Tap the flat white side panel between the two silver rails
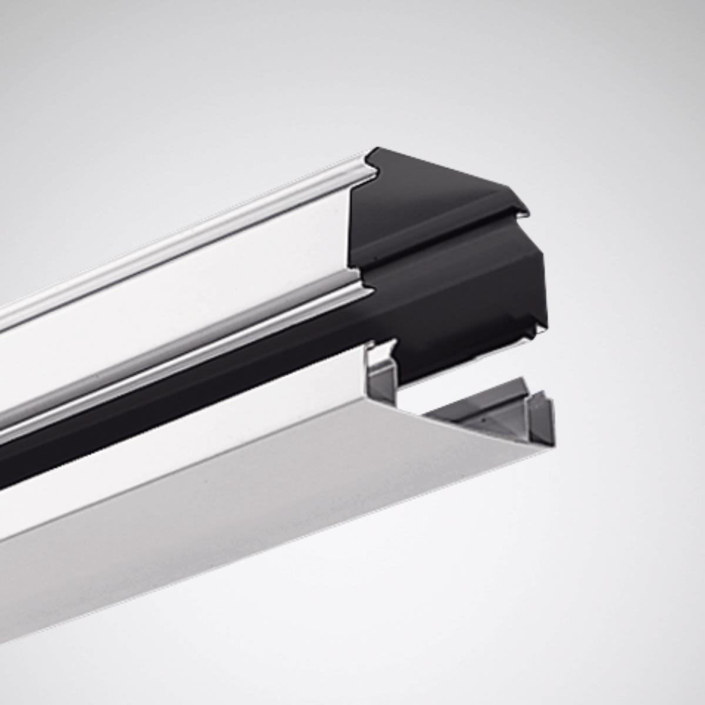pyautogui.click(x=176, y=311)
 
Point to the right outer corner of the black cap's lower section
pyautogui.click(x=543, y=258)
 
